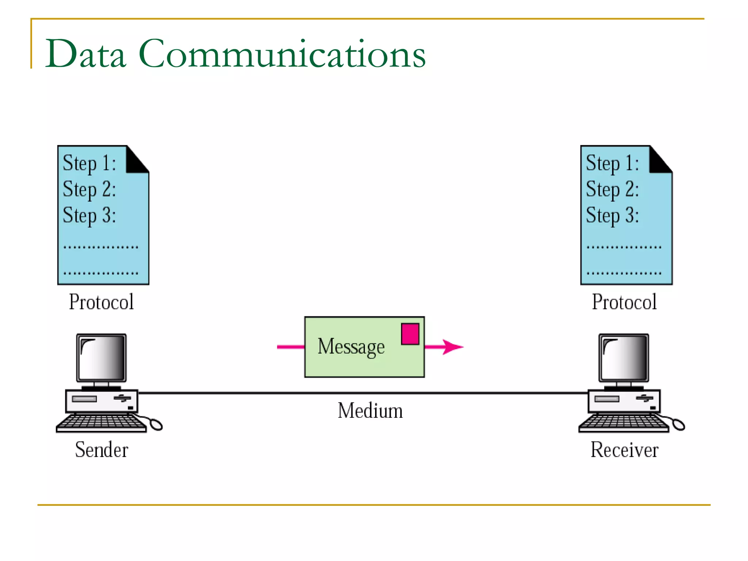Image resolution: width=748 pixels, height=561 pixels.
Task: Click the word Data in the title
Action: (85, 54)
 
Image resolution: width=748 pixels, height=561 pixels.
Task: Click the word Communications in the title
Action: (282, 54)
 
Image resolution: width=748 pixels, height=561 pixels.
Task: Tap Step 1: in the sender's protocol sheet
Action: (89, 163)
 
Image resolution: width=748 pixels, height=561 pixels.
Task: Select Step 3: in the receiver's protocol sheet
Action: (612, 215)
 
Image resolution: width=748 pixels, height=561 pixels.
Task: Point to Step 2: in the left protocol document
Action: (89, 189)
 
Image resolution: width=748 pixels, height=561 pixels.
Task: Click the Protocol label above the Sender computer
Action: (101, 302)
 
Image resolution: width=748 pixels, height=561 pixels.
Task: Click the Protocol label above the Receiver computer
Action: (624, 302)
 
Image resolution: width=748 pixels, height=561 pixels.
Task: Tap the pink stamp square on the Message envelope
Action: (410, 334)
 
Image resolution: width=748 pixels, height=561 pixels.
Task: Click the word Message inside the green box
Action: (351, 347)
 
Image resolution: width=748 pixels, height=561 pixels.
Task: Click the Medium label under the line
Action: (370, 411)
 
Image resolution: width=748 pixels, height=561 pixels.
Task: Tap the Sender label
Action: (102, 450)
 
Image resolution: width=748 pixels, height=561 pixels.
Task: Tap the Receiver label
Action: (624, 450)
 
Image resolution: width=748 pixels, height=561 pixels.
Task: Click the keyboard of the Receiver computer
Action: (623, 423)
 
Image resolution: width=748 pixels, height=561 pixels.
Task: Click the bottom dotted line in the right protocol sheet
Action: (624, 273)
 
